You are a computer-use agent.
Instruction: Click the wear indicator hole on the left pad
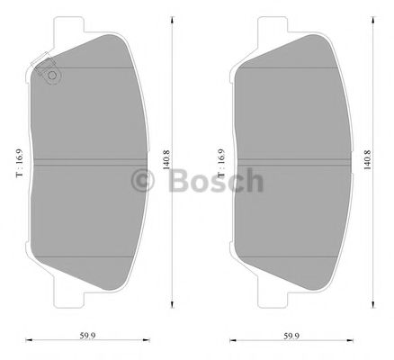pyautogui.click(x=50, y=76)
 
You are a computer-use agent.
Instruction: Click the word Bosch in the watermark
pyautogui.click(x=212, y=180)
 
